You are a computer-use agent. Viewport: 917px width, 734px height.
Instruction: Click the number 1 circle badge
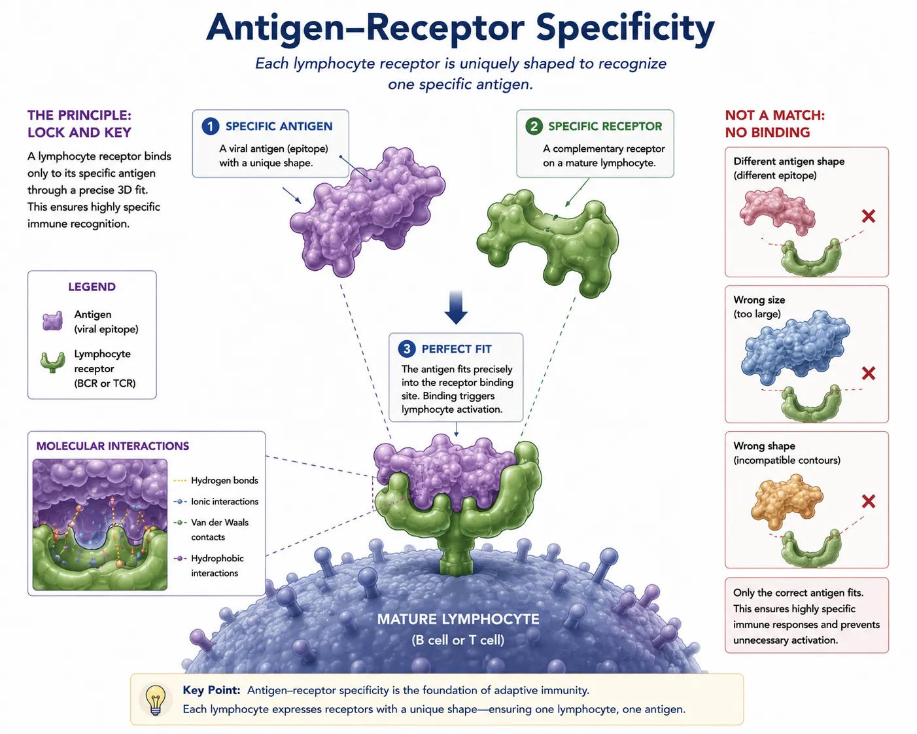210,126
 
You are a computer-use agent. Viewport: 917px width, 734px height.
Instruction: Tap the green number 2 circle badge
534,126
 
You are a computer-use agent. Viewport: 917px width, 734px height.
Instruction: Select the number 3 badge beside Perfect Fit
407,349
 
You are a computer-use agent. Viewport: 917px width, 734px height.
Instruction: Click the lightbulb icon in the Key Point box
156,699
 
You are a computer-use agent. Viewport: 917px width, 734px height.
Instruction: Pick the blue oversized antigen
795,347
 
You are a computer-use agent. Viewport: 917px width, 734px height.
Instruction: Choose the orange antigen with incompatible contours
787,501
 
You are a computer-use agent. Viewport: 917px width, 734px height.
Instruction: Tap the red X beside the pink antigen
869,216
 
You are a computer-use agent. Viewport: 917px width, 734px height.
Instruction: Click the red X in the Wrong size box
869,374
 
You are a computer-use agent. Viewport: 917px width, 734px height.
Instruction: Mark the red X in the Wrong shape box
869,501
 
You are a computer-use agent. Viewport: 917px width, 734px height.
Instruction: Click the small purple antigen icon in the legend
52,321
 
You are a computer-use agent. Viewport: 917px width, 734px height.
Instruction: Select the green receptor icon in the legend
52,362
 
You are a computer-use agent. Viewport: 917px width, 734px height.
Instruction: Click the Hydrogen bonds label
224,480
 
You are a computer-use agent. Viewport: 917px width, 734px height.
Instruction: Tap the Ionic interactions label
224,501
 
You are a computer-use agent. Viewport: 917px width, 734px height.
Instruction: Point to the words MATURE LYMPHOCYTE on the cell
458,619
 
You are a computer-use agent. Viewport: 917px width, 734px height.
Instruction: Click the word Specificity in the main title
625,28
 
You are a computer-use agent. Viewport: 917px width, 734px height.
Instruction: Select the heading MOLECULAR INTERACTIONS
112,446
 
